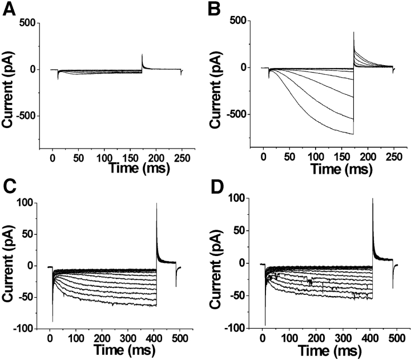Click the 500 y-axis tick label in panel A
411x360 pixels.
(29, 23)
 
